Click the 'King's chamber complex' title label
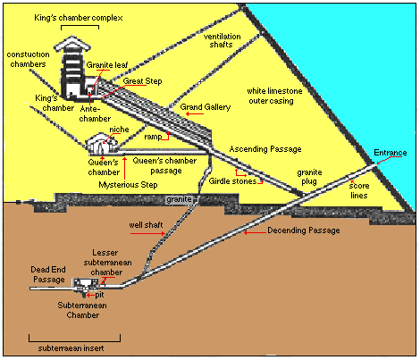tap(79, 18)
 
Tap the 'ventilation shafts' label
tap(222, 40)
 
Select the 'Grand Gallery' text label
tap(206, 107)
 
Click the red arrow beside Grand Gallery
tap(195, 114)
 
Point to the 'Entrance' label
tap(391, 153)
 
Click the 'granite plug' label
tap(309, 177)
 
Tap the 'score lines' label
tap(359, 190)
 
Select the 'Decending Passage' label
tap(304, 230)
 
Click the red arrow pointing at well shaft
tap(147, 234)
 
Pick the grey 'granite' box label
tap(179, 199)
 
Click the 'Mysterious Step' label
tap(128, 185)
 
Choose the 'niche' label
tap(119, 130)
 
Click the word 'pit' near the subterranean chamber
tap(100, 295)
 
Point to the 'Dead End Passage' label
tap(48, 274)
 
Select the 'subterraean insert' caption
tap(71, 348)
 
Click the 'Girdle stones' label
tap(232, 181)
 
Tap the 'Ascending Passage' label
tap(265, 149)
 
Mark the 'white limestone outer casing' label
tap(274, 96)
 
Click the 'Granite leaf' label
tap(107, 65)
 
